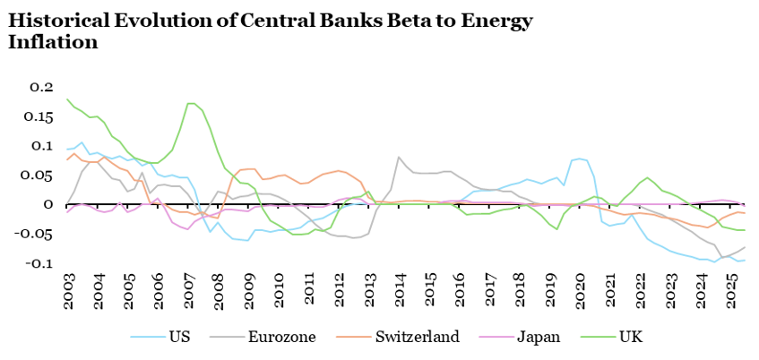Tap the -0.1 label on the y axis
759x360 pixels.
point(39,263)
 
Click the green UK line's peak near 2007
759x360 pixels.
point(191,103)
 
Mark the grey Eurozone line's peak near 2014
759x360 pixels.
point(398,158)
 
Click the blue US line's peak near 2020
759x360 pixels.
point(579,159)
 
